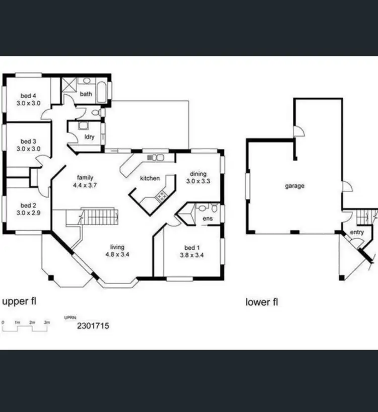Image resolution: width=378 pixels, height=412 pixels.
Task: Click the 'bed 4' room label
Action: [x=28, y=96]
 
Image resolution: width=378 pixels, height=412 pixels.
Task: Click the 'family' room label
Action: [x=85, y=177]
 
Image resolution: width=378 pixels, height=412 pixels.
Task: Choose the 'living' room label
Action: [x=117, y=247]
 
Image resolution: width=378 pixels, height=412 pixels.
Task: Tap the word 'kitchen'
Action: [x=150, y=178]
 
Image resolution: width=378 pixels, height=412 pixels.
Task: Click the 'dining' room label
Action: [x=197, y=174]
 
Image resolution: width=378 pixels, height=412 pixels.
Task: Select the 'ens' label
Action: [x=207, y=219]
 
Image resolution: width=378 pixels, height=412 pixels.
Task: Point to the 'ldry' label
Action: [x=89, y=136]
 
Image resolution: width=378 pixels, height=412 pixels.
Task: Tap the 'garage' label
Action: [x=295, y=186]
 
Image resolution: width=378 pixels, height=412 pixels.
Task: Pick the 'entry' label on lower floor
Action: [x=356, y=232]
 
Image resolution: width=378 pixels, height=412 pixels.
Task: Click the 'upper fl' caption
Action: [x=20, y=302]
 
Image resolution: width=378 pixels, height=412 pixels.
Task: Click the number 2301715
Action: [x=93, y=326]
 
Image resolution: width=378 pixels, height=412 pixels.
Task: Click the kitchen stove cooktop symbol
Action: [x=162, y=196]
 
